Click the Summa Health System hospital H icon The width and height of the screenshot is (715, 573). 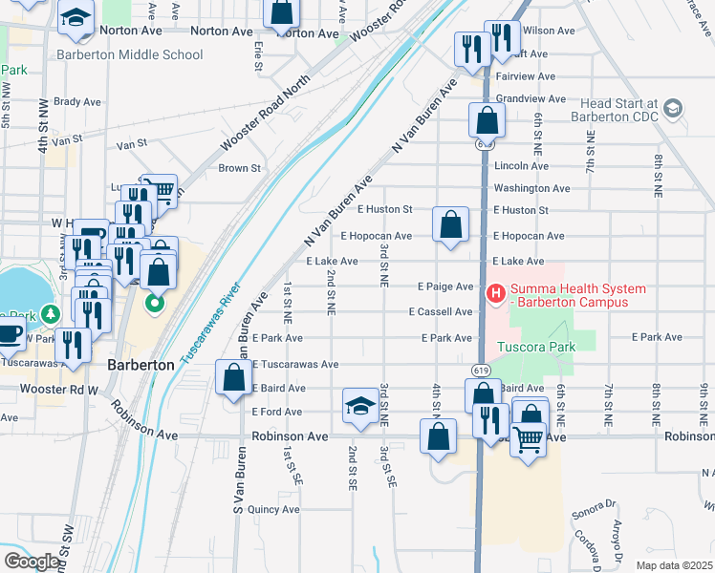[496, 291]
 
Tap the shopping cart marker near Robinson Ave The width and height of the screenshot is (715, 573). [528, 441]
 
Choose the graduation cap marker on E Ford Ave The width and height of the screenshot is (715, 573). [359, 406]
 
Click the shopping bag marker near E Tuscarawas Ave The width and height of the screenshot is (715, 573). [233, 377]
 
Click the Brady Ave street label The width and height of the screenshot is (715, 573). [77, 101]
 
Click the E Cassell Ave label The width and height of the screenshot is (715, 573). [441, 312]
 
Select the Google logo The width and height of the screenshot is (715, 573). [31, 562]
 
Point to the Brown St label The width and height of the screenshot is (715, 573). [240, 169]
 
